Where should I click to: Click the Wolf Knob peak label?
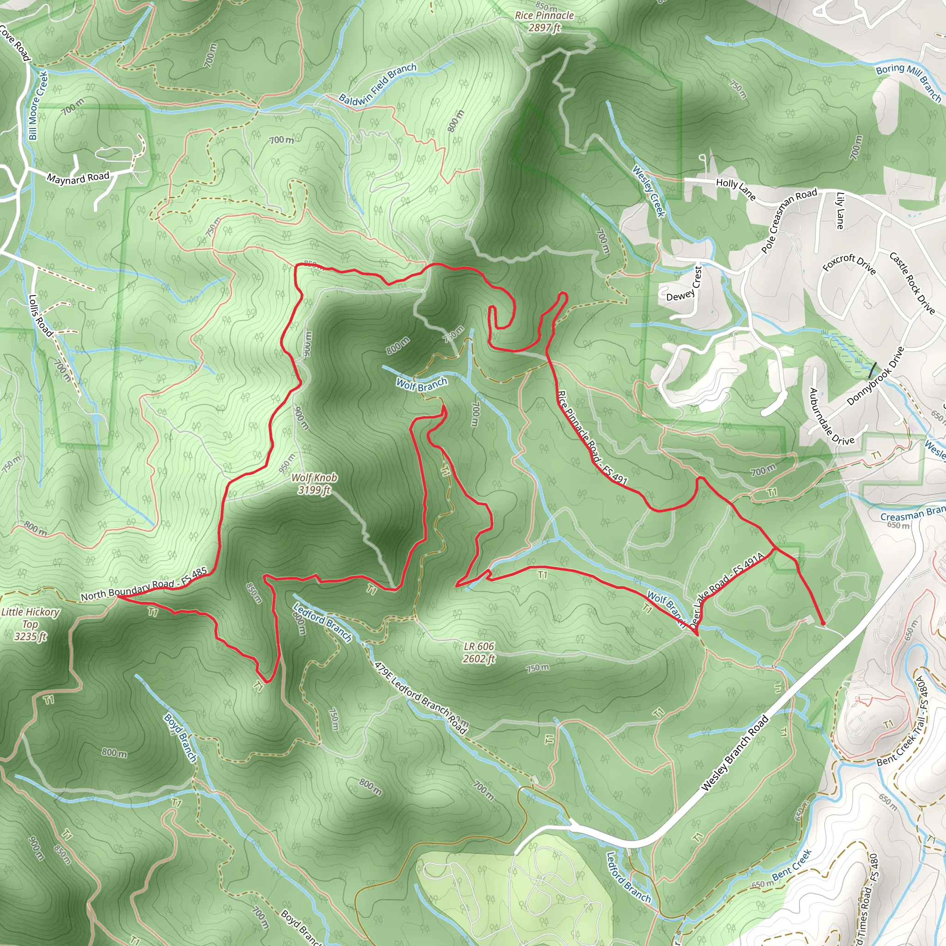(314, 484)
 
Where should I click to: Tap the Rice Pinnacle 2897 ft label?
(544, 22)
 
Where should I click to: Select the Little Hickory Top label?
(30, 624)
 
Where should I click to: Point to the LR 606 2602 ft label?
(479, 652)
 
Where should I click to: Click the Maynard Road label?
(78, 178)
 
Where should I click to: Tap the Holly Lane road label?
(735, 188)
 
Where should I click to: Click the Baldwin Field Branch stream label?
(377, 84)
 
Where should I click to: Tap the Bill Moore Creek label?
(37, 105)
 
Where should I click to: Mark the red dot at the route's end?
(823, 623)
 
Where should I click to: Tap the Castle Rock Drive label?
(912, 283)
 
